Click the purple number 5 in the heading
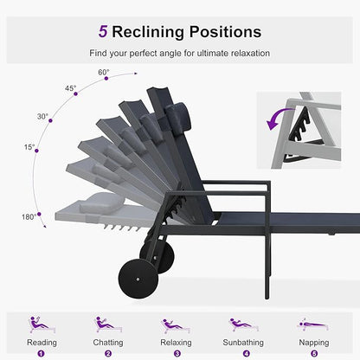[103, 31]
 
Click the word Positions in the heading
[225, 32]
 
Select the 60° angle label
[104, 72]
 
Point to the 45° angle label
[70, 88]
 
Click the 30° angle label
[42, 117]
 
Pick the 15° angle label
[29, 147]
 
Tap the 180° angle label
[29, 216]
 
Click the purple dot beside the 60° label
[106, 79]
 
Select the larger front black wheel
[138, 279]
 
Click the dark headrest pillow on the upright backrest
[178, 115]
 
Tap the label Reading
[42, 343]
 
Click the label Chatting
[108, 343]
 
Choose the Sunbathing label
[243, 343]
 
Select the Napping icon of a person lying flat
[313, 325]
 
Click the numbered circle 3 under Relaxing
[177, 354]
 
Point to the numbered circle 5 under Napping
[314, 354]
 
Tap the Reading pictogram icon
[42, 325]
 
